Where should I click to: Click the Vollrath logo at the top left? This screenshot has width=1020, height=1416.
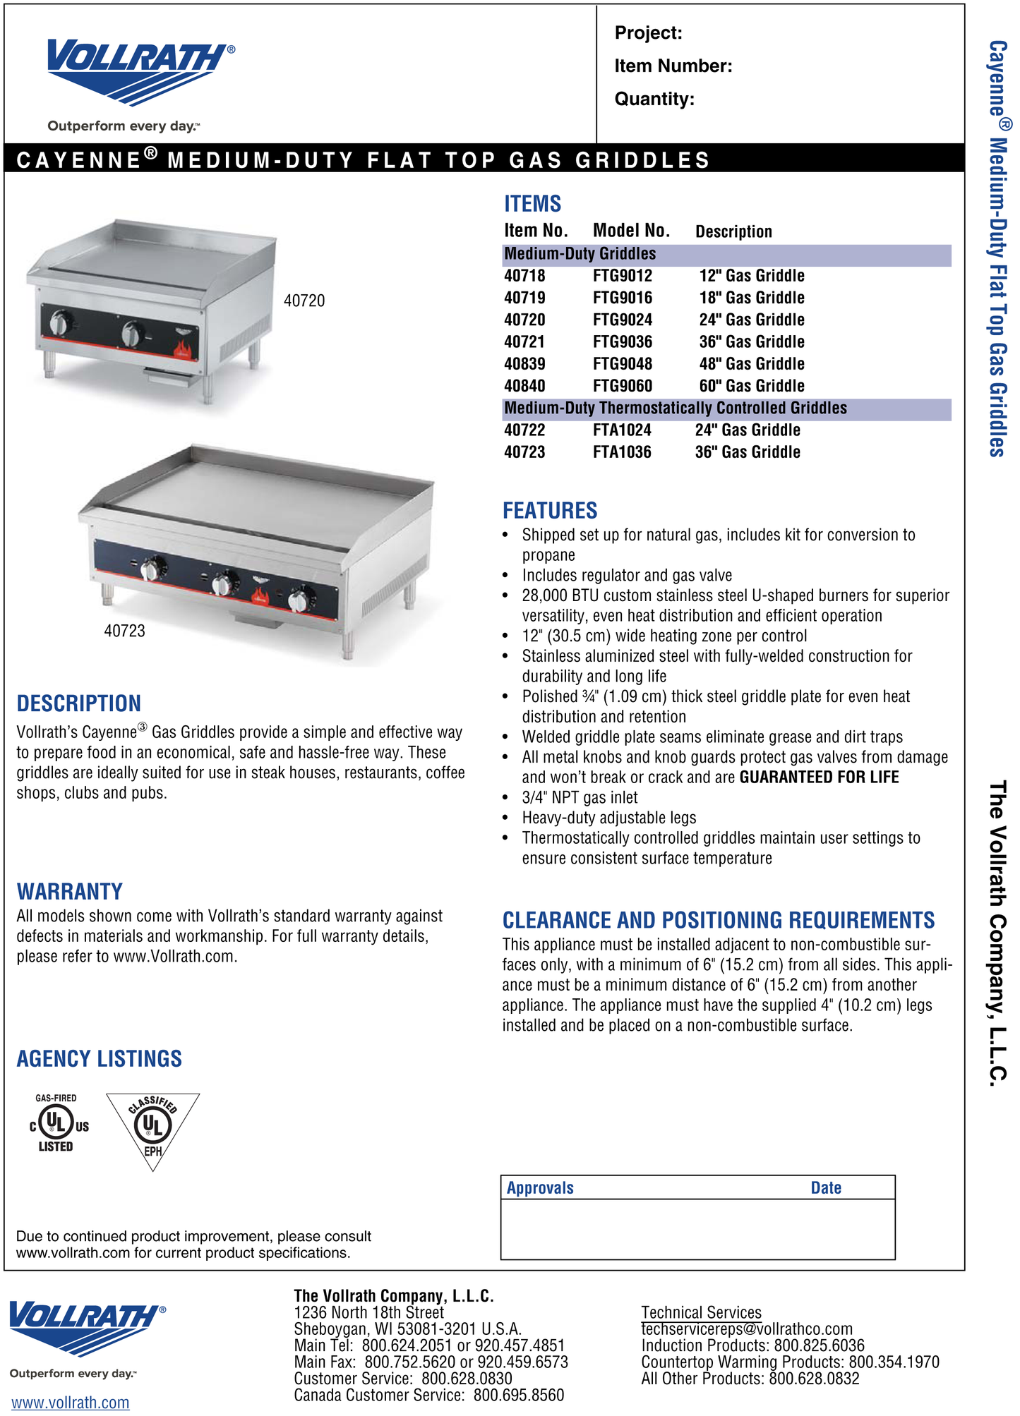click(140, 71)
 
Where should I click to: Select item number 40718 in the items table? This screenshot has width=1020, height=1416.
click(524, 276)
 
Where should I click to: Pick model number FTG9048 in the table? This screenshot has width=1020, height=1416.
click(622, 364)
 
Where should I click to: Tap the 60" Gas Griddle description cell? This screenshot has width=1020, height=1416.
click(751, 386)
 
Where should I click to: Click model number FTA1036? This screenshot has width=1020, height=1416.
click(621, 452)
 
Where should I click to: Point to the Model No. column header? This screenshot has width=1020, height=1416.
click(630, 231)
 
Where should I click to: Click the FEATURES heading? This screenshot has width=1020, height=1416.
click(549, 510)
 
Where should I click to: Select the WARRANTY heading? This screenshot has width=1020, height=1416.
click(70, 892)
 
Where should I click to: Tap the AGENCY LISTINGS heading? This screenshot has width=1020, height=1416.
click(100, 1058)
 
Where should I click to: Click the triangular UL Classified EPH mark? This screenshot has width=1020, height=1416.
click(152, 1127)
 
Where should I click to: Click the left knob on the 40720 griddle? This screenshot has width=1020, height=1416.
click(61, 324)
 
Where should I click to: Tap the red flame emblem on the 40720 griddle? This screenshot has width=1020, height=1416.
click(184, 349)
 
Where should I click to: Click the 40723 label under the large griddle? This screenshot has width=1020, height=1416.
click(124, 631)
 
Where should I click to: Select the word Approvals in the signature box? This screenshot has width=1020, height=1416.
click(540, 1187)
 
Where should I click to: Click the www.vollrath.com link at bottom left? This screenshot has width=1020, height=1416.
click(70, 1403)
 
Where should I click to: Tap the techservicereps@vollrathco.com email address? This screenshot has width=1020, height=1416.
click(746, 1329)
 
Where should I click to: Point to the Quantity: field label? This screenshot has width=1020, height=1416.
click(654, 99)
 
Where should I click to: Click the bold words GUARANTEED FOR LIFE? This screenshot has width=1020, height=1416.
click(819, 777)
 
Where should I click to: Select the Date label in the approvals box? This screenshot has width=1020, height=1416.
click(825, 1187)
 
